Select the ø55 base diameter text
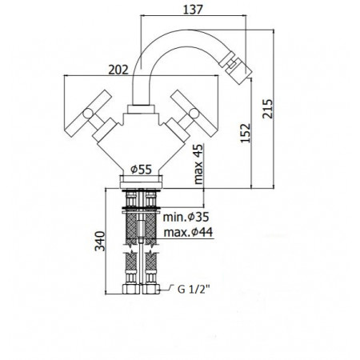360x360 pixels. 142,170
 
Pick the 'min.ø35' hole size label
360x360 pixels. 186,217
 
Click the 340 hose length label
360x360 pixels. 96,242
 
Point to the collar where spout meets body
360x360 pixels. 142,106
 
